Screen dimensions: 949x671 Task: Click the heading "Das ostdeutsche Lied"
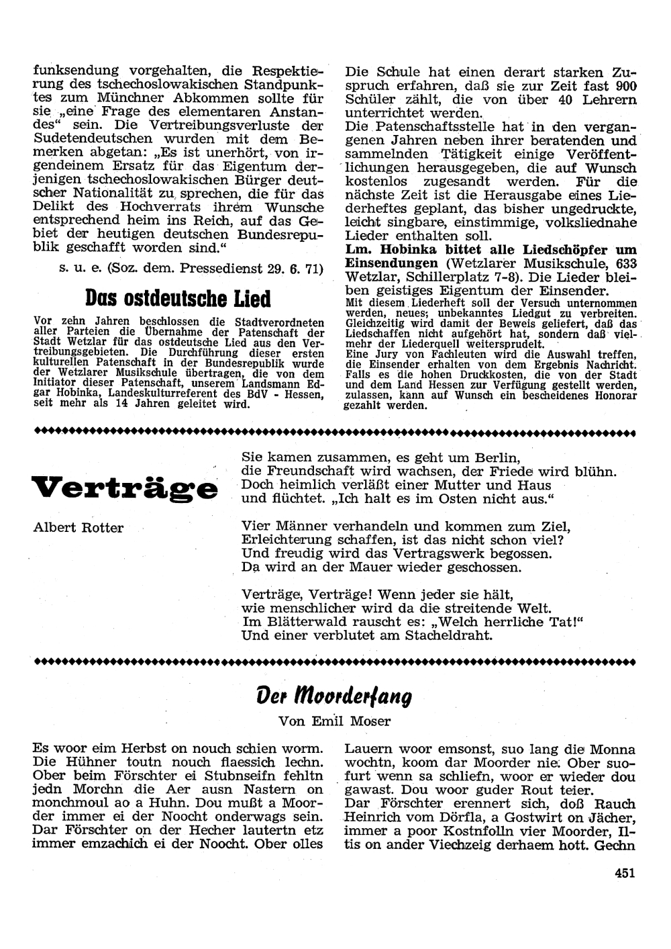tap(178, 298)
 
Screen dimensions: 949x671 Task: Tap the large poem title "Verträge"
tap(124, 487)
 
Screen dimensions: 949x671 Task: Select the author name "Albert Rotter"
tap(79, 528)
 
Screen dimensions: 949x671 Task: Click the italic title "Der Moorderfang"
tap(333, 696)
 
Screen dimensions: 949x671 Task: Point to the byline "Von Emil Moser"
tap(334, 722)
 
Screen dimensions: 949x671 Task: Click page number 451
tap(623, 873)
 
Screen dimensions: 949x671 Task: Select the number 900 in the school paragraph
tap(625, 86)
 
